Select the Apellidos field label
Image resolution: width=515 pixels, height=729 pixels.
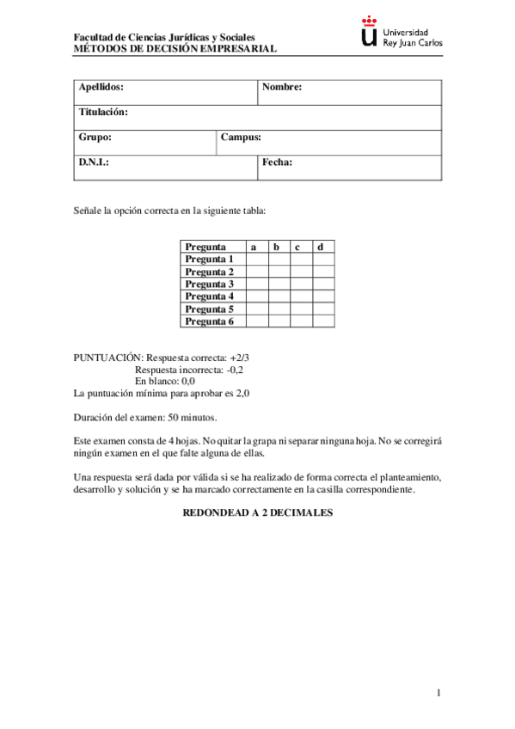click(101, 88)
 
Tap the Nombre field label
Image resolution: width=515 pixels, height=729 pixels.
click(282, 88)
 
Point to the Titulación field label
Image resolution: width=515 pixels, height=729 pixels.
click(103, 113)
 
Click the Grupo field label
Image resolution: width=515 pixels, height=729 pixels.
click(95, 138)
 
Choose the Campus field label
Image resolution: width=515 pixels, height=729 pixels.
click(241, 138)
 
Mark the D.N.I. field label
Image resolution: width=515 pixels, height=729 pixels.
click(94, 162)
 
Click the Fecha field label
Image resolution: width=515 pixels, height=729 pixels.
click(278, 162)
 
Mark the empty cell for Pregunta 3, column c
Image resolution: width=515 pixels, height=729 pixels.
click(301, 284)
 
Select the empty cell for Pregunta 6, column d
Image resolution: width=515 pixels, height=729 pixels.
click(323, 322)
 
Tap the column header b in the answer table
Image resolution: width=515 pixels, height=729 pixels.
click(277, 247)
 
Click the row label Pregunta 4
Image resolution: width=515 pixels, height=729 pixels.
click(209, 297)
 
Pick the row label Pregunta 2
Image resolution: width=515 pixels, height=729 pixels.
click(209, 272)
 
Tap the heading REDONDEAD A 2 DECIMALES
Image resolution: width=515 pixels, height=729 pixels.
click(257, 513)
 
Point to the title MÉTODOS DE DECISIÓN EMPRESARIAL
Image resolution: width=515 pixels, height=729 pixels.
click(175, 49)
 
